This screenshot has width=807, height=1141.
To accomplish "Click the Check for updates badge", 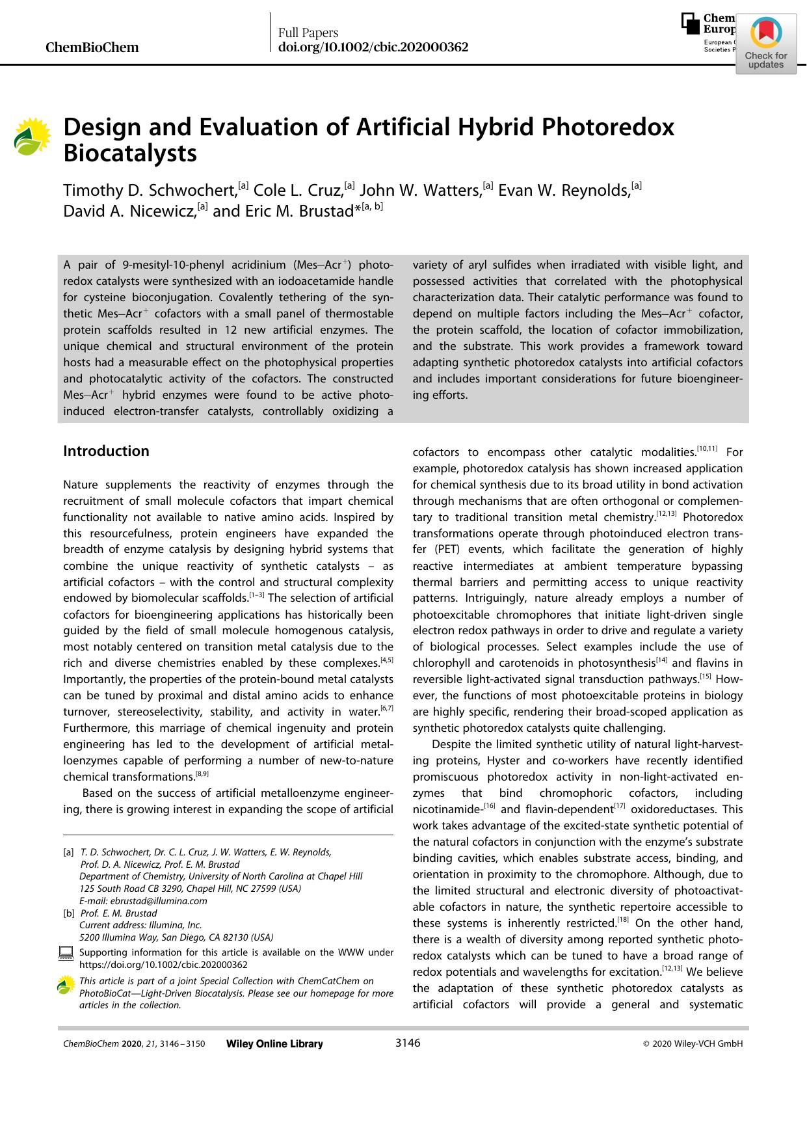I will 765,44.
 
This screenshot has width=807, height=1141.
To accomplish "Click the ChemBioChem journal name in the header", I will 92,47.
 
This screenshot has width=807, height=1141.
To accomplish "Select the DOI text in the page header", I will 373,47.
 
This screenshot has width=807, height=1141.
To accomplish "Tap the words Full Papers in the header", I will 308,33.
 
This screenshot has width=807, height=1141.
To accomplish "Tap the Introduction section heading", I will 106,451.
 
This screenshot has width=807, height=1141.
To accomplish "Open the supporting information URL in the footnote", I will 163,965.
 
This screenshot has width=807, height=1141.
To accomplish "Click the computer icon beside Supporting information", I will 66,954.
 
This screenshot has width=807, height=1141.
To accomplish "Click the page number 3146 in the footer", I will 408,1043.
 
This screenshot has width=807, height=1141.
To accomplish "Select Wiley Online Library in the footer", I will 274,1043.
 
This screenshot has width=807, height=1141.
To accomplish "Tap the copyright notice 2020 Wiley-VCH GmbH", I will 693,1043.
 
